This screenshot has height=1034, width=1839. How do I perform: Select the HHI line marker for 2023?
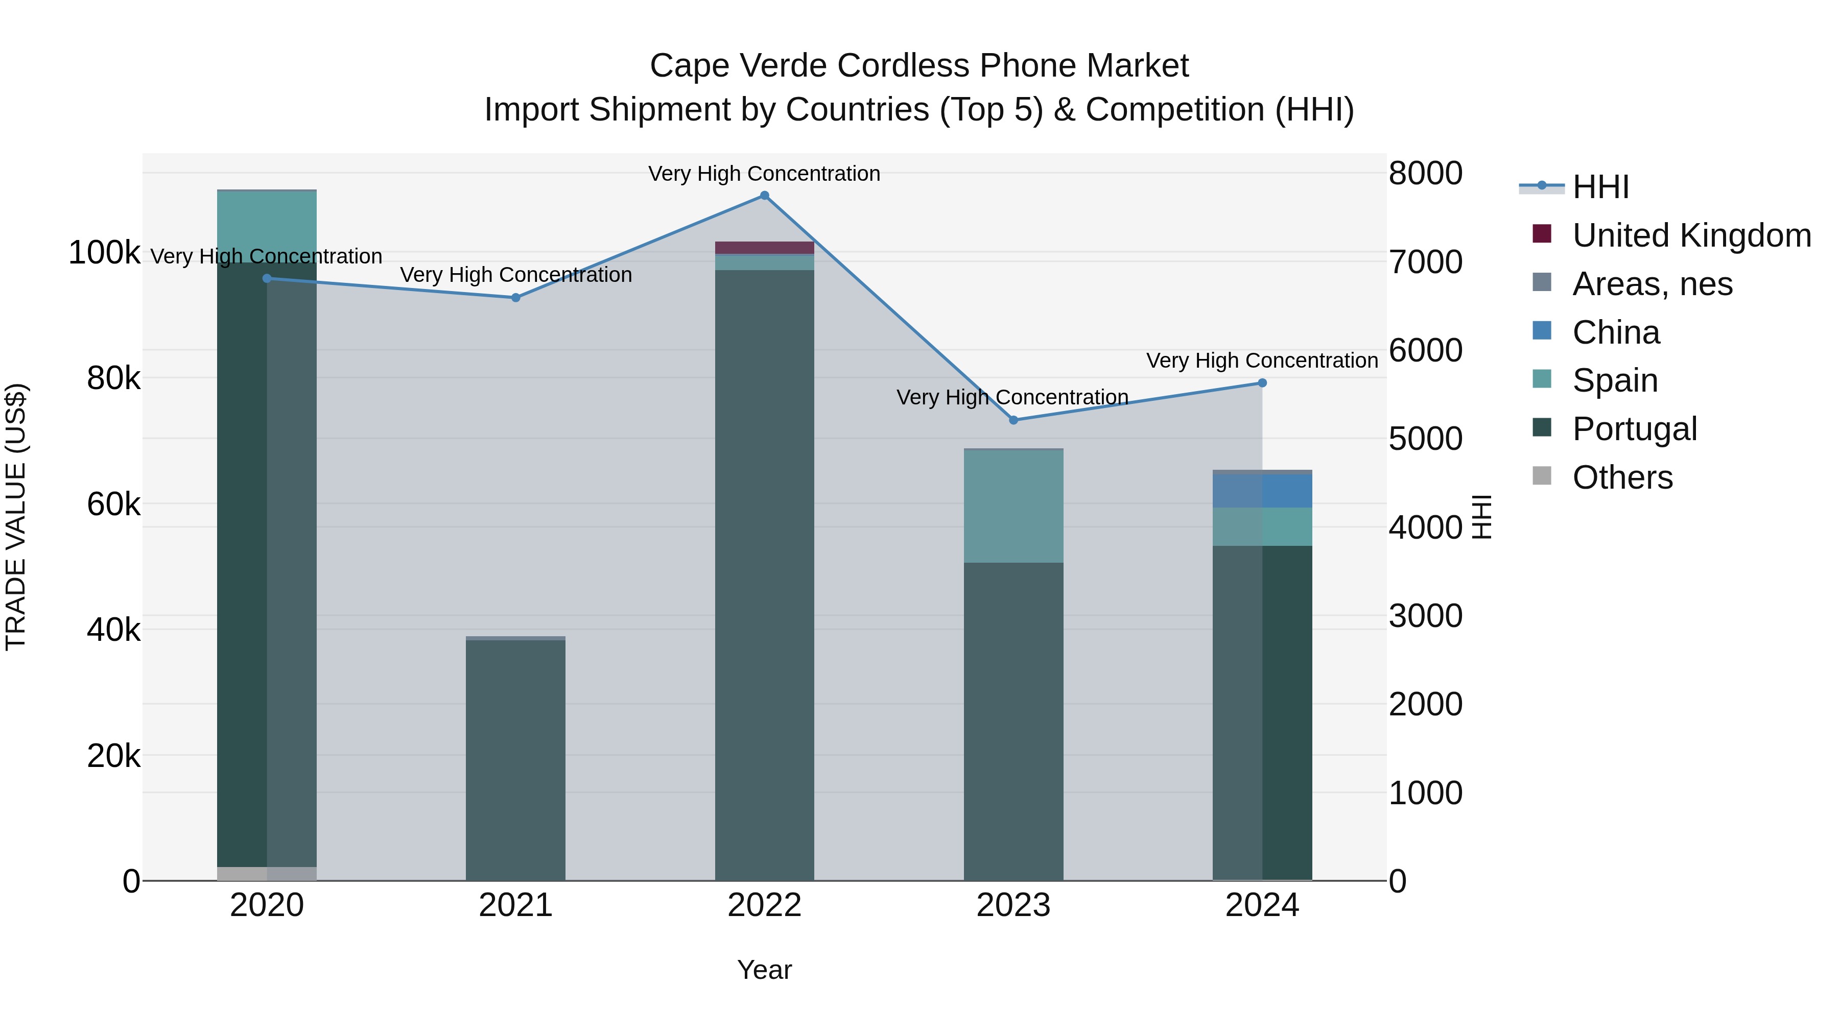point(1013,420)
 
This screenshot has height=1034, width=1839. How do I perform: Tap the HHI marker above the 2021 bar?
point(515,298)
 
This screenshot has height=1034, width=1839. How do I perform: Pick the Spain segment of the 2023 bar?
point(1013,507)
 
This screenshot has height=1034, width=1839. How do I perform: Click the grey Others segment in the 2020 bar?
point(266,874)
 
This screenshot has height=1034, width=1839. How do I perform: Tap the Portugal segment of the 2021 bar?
point(515,760)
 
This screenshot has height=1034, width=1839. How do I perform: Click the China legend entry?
point(1616,332)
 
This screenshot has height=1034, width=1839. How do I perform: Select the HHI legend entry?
point(1600,187)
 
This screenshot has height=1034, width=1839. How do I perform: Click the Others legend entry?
point(1621,477)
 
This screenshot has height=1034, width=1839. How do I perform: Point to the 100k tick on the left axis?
point(104,253)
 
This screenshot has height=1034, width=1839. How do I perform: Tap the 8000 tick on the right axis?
point(1425,174)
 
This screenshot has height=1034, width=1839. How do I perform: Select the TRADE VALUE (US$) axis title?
point(16,517)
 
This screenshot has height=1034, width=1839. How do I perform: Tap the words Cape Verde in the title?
point(739,66)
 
